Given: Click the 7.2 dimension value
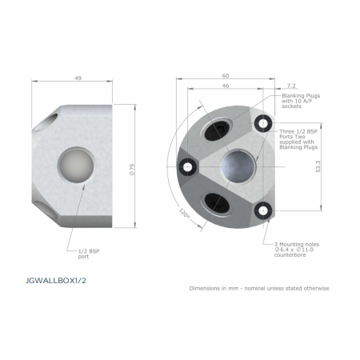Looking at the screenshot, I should tap(290, 85).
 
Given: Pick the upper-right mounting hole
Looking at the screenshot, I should tap(263, 122).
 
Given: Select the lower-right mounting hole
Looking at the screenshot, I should tap(263, 210).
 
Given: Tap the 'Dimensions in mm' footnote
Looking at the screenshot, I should tap(259, 288).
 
